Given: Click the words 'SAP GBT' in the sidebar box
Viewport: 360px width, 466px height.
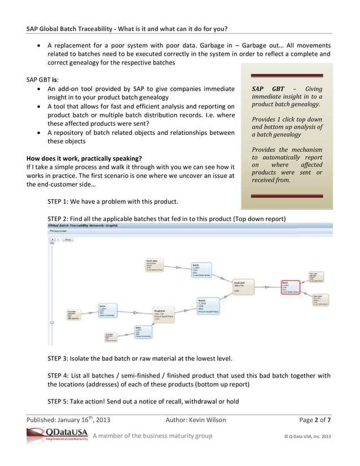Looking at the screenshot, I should tap(268, 89).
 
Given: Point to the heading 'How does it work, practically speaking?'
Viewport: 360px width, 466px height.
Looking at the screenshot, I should tap(84, 158).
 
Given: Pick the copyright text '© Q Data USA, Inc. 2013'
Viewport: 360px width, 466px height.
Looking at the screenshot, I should tap(306, 436).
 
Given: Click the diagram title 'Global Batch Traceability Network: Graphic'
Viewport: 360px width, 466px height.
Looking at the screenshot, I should tap(82, 225).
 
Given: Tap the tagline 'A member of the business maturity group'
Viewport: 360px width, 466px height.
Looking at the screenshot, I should tap(152, 436).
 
